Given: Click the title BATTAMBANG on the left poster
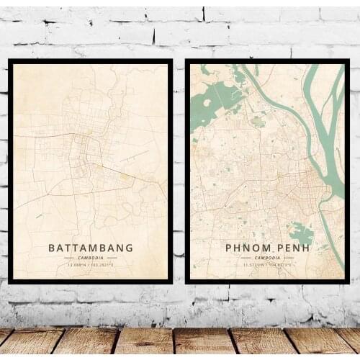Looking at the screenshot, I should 91,248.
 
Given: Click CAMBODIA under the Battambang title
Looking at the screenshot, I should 91,258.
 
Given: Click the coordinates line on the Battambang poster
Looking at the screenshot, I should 91,265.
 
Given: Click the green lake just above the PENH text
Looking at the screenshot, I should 302,233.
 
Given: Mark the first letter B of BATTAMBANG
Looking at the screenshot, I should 52,248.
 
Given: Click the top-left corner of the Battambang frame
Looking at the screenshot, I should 10,61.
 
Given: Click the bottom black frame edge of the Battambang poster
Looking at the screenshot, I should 91,281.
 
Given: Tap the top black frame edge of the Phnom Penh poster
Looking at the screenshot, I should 266,61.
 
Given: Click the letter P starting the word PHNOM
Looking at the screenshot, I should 230,248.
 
